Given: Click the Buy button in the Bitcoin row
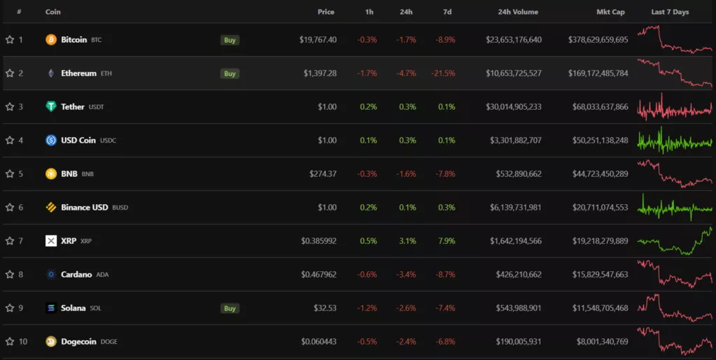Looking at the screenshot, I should tap(229, 40).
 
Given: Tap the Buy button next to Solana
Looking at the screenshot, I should tap(229, 308).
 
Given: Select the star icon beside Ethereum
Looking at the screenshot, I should tap(10, 73).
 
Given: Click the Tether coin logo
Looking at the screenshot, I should tap(51, 107).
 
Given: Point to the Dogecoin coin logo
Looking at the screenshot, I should tap(51, 342).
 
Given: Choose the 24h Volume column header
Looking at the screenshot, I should tap(518, 12).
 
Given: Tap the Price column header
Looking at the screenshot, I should tap(326, 12).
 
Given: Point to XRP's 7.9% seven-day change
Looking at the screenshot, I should tap(445, 241).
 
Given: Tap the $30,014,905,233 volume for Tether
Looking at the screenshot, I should tap(514, 107).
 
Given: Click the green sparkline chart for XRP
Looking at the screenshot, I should tap(675, 241).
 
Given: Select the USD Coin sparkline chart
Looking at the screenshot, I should tap(675, 141).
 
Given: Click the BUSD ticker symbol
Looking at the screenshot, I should tap(120, 208).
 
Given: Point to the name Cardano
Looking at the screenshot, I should tap(76, 275).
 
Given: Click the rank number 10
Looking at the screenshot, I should tap(23, 342).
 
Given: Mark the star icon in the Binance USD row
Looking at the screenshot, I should tap(10, 208).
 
